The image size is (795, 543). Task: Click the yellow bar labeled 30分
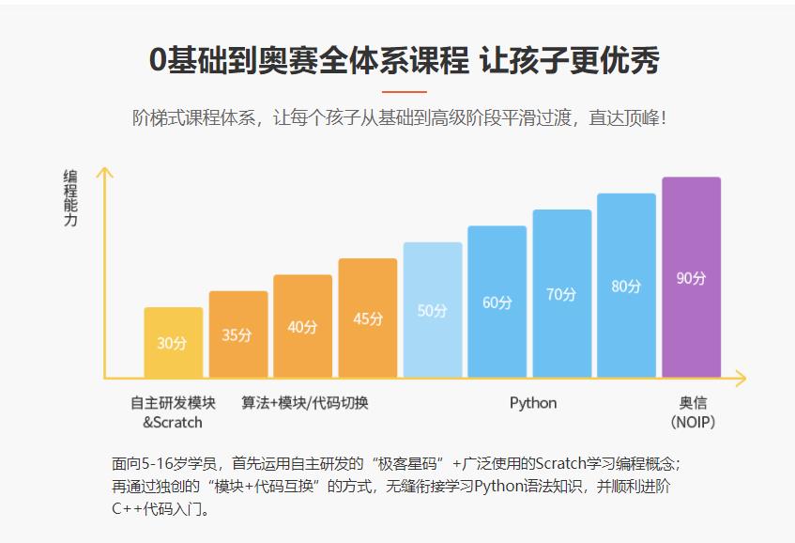click(173, 343)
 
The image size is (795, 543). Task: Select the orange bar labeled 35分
click(237, 334)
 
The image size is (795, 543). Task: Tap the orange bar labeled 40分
click(302, 326)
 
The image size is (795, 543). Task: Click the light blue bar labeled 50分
click(433, 310)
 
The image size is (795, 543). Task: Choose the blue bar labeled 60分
click(497, 302)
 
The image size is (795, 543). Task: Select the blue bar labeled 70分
click(562, 293)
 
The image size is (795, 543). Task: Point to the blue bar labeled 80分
click(626, 286)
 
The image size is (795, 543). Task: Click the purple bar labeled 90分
click(691, 277)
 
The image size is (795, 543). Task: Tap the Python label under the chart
click(533, 403)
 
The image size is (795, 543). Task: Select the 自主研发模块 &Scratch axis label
click(173, 412)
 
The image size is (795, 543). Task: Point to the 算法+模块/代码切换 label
click(305, 403)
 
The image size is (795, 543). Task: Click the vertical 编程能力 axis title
click(70, 198)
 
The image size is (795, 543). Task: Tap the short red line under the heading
click(405, 92)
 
